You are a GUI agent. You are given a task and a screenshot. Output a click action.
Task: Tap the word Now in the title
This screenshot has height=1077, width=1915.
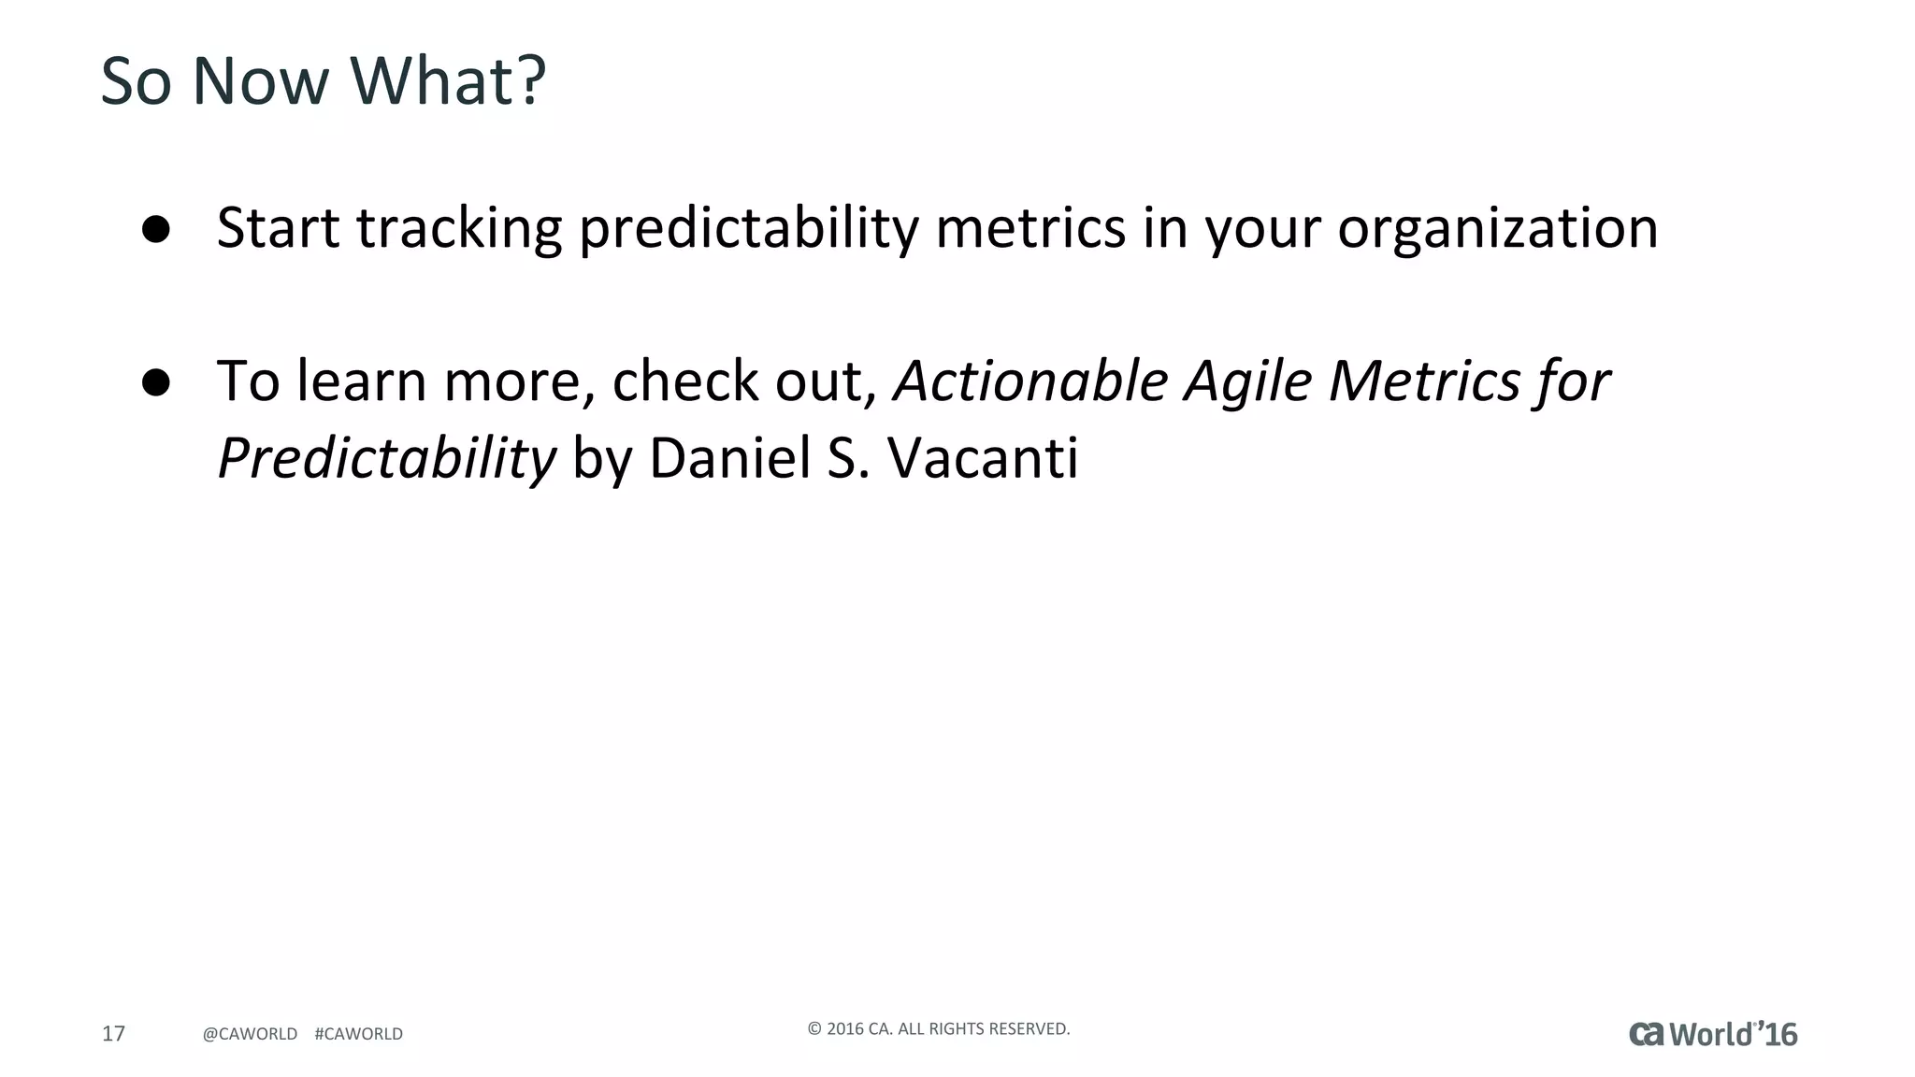(260, 80)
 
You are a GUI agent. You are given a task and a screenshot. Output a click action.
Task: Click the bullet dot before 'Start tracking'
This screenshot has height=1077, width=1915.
(156, 230)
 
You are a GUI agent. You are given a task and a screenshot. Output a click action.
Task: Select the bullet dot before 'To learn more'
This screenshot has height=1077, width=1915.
(156, 382)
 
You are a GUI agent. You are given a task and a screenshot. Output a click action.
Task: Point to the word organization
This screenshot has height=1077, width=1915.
(1497, 228)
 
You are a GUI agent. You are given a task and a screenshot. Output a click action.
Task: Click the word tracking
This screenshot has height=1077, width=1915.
(459, 228)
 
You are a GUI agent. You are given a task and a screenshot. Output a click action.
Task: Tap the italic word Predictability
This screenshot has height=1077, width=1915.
(386, 458)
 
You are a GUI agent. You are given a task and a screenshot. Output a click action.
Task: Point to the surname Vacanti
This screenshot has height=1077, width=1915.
(982, 458)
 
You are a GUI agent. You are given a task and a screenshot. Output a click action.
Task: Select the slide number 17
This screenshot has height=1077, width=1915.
(113, 1033)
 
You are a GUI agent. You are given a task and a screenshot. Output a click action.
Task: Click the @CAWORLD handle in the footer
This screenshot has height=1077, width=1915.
(250, 1034)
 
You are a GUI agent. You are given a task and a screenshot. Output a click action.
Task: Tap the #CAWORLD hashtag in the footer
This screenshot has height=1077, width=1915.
(359, 1034)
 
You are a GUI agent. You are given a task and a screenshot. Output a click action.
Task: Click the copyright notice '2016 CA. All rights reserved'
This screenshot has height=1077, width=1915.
(938, 1029)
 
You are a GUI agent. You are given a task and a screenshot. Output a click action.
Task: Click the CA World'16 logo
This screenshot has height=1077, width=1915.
(1713, 1034)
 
